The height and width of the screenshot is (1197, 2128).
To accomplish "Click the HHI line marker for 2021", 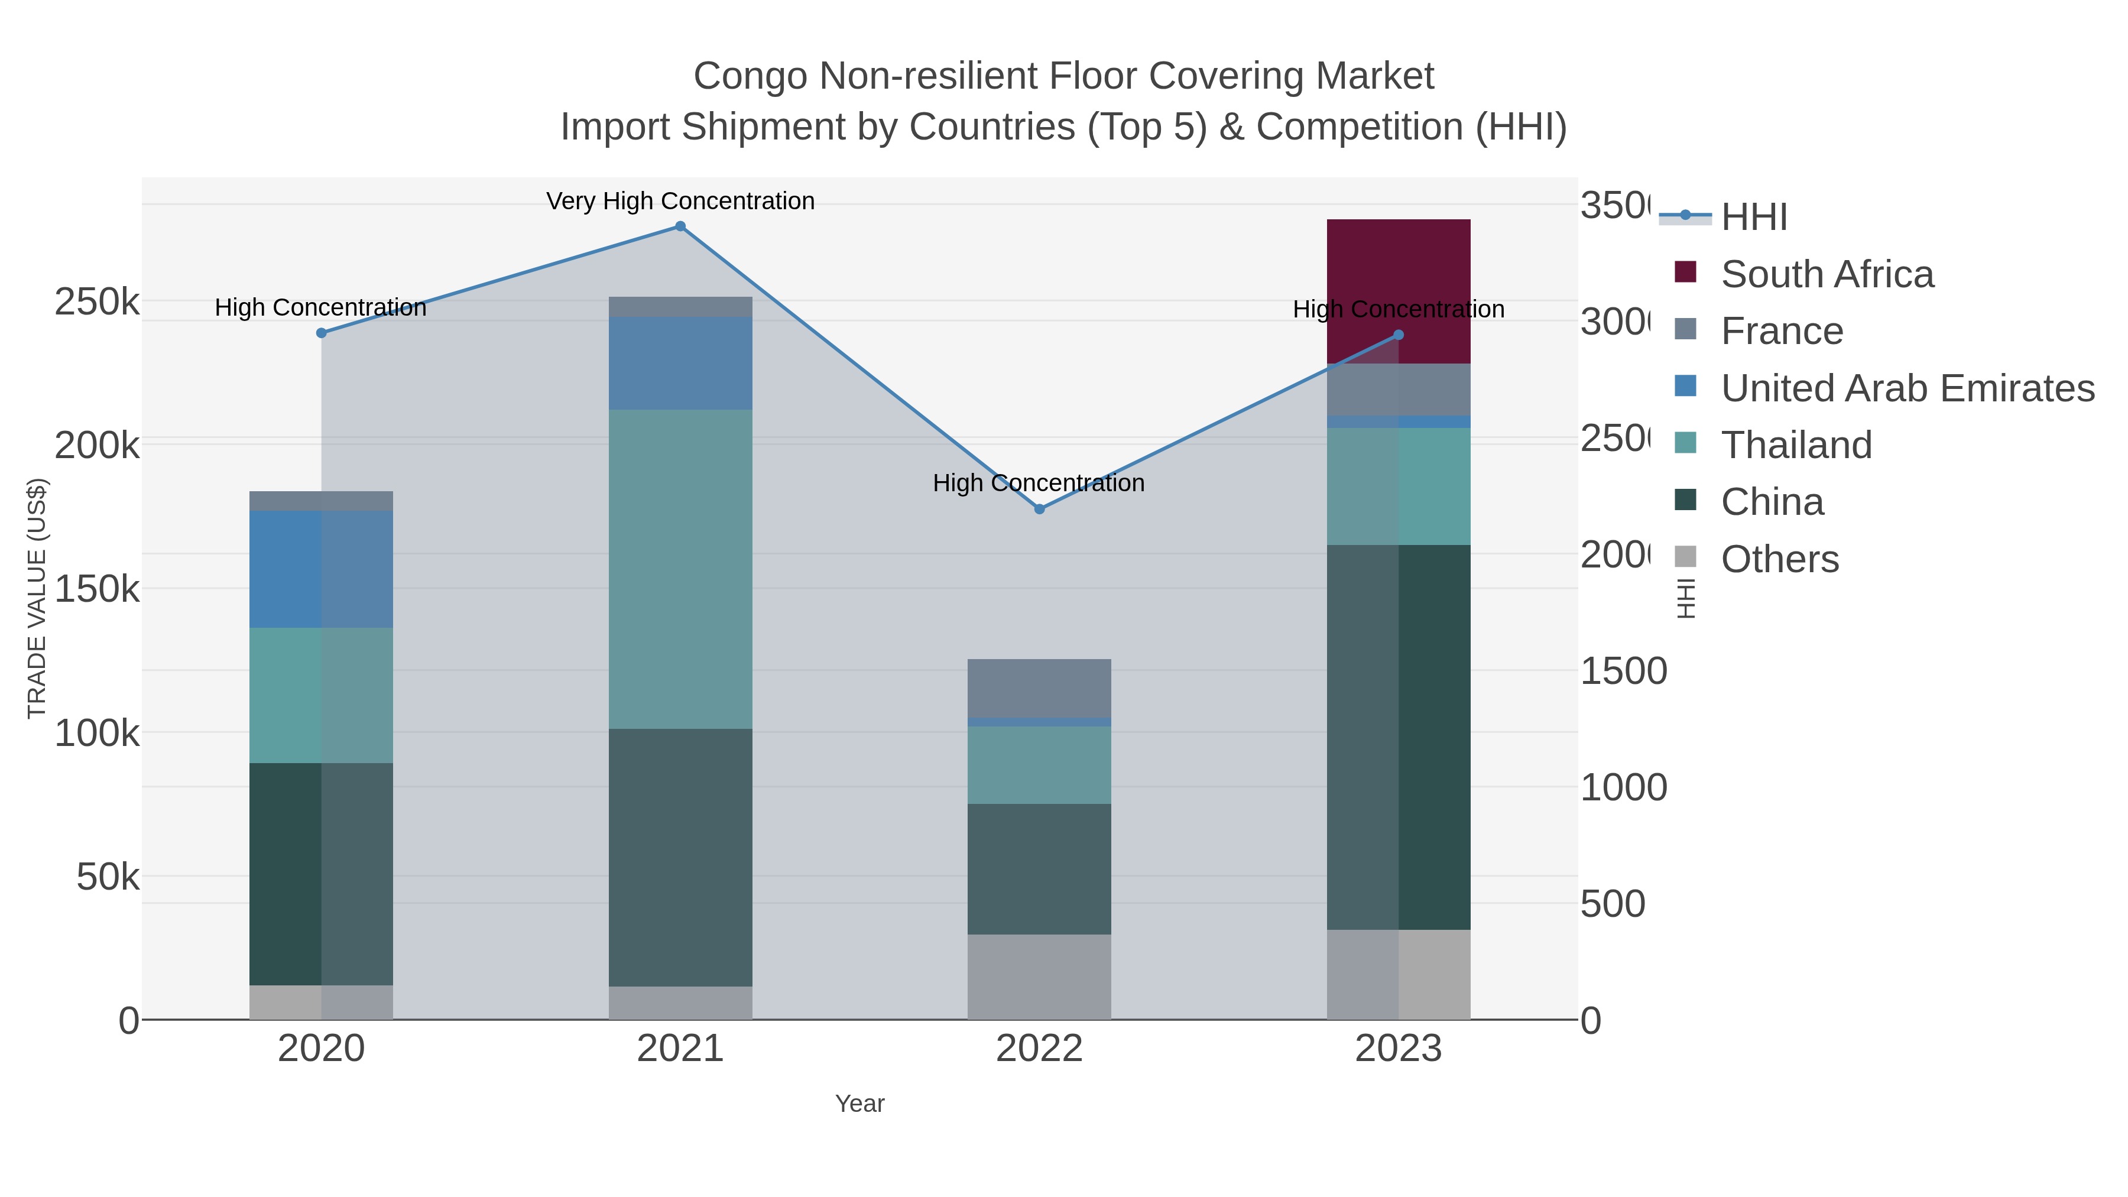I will [x=680, y=226].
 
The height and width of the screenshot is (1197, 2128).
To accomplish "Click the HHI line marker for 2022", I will [x=1039, y=509].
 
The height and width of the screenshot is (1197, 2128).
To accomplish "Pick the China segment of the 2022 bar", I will [x=1039, y=868].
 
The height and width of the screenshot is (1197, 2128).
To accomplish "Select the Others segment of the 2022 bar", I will [x=1039, y=977].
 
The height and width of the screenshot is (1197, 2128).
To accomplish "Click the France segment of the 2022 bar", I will [x=1039, y=687].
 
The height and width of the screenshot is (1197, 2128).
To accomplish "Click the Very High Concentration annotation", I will [x=680, y=201].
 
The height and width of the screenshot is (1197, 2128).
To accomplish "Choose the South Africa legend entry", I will [x=1827, y=274].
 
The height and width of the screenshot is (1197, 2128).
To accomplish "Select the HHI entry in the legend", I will [x=1754, y=218].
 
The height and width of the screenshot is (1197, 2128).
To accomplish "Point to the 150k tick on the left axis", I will [x=97, y=589].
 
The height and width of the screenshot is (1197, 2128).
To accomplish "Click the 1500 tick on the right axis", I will [x=1623, y=671].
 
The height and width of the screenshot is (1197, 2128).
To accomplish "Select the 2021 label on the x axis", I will [x=680, y=1048].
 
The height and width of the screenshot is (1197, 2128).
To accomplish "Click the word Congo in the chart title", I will [x=750, y=76].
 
